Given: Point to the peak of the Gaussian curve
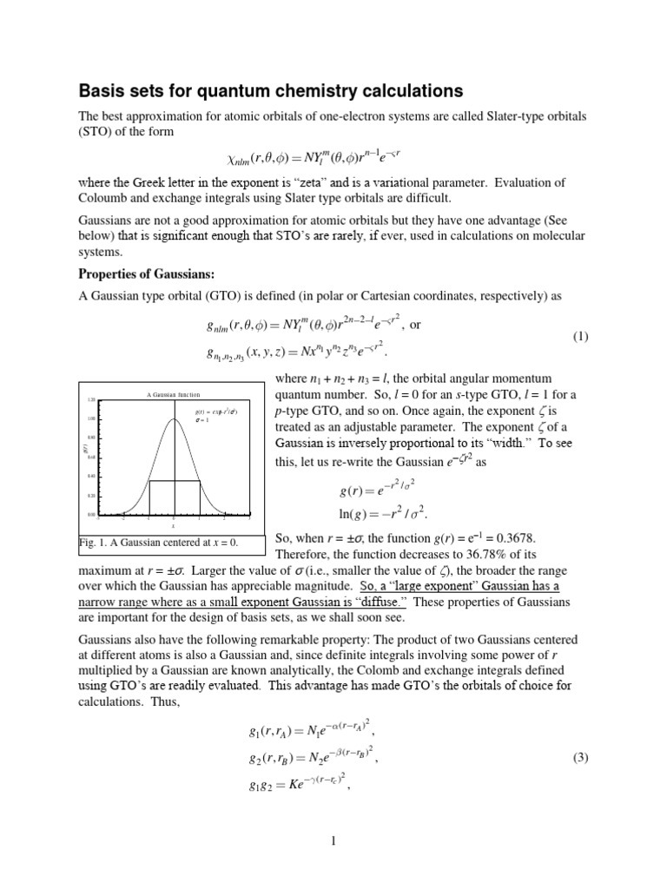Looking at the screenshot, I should click(174, 418).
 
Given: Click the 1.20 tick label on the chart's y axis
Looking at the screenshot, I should click(90, 399).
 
